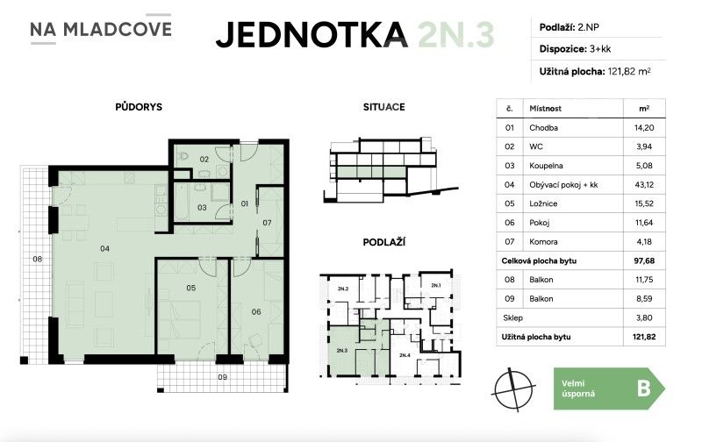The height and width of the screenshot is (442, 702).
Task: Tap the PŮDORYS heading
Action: (x=138, y=107)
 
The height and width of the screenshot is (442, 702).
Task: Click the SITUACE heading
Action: (x=383, y=107)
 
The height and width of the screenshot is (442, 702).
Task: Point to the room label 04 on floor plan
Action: (x=104, y=249)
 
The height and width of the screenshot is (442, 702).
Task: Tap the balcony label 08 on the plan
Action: (x=37, y=259)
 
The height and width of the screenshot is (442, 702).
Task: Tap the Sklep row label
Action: (x=512, y=317)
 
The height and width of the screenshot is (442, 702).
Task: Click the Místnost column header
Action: (x=545, y=109)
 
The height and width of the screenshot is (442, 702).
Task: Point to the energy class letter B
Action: (x=643, y=388)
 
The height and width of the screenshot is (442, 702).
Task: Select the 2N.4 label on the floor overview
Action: (x=404, y=355)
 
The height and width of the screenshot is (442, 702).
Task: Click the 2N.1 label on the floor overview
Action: (x=436, y=286)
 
